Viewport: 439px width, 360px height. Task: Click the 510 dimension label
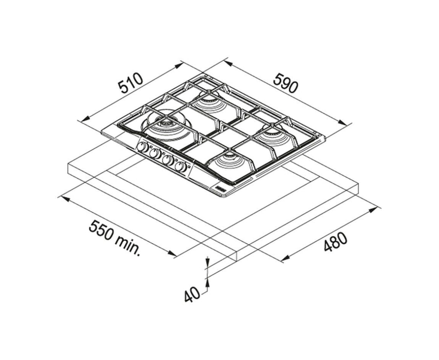pyautogui.click(x=130, y=83)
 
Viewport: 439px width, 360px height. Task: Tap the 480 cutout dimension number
pyautogui.click(x=335, y=242)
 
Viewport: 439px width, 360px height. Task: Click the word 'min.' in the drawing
pyautogui.click(x=127, y=245)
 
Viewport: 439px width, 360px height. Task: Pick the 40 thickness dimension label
pyautogui.click(x=192, y=294)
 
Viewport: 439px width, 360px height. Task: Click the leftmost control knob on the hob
pyautogui.click(x=143, y=147)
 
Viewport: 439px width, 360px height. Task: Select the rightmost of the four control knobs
pyautogui.click(x=181, y=167)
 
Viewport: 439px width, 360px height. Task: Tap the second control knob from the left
pyautogui.click(x=155, y=153)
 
